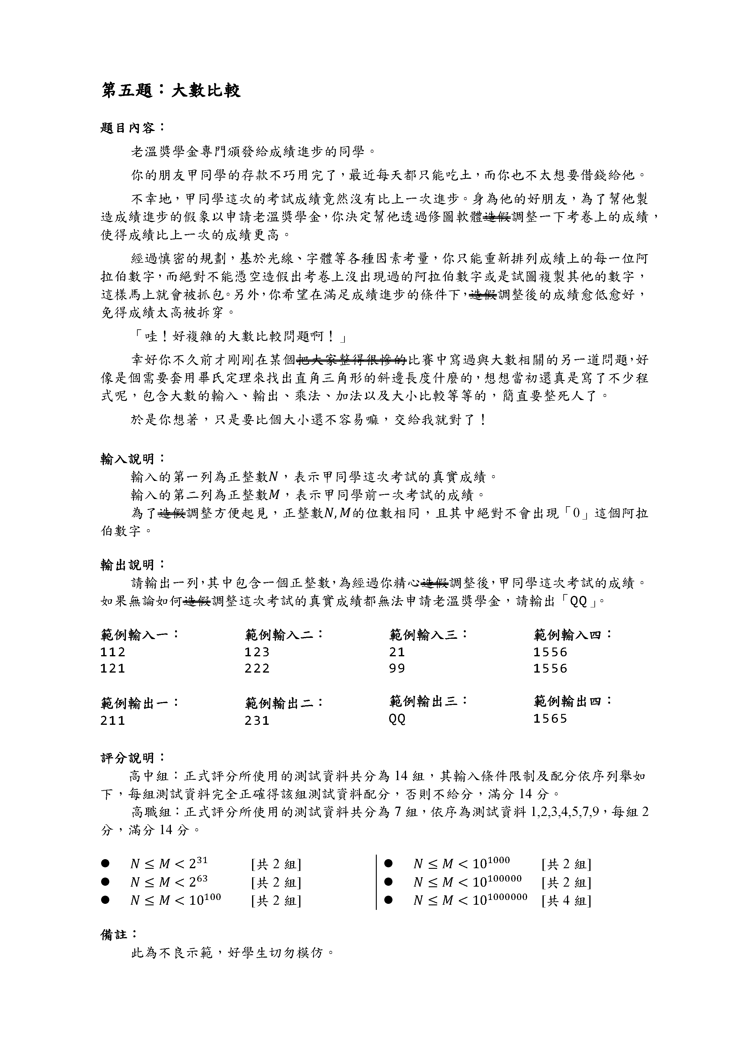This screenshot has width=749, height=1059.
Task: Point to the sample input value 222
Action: click(257, 668)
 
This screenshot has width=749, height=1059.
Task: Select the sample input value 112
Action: click(113, 652)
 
